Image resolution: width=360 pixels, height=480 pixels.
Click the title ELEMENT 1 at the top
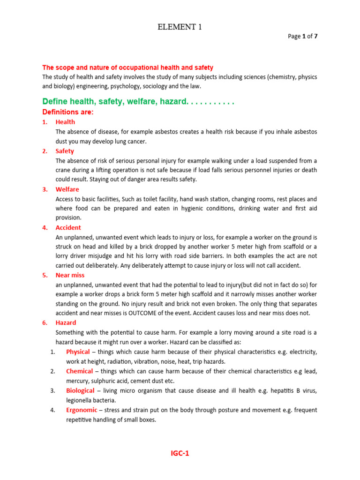click(x=180, y=27)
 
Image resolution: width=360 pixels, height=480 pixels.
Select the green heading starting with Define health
click(x=138, y=102)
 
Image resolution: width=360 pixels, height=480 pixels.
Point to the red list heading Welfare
click(x=67, y=189)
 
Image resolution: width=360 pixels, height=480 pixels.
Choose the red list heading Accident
click(x=68, y=227)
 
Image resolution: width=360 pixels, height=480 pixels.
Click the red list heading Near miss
click(x=70, y=275)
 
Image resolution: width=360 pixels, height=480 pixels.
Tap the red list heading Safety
click(x=65, y=151)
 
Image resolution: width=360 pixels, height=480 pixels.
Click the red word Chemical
click(x=79, y=371)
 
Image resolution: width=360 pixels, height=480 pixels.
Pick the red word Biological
click(x=80, y=390)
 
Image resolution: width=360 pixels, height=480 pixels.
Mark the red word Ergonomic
click(x=82, y=410)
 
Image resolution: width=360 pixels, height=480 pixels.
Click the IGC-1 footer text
click(x=180, y=453)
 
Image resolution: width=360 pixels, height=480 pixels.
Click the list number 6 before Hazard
click(x=45, y=323)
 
